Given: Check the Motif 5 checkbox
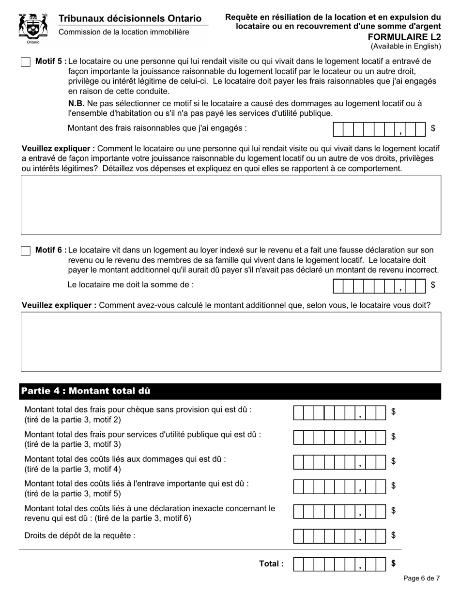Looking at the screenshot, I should click(26, 62).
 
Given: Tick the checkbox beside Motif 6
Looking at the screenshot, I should click(26, 251).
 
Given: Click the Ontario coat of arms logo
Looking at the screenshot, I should click(33, 28).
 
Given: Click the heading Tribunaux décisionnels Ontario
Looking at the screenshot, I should click(130, 18).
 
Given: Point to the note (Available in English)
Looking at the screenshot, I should click(406, 47).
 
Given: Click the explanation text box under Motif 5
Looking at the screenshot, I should click(230, 204).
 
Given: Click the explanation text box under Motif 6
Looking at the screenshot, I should click(230, 341).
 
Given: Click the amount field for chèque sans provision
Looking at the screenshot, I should click(339, 413).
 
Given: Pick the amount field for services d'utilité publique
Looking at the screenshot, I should click(339, 438).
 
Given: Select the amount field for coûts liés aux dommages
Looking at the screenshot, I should click(339, 462).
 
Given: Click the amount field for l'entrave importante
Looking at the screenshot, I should click(339, 486).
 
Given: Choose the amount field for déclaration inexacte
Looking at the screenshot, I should click(339, 511).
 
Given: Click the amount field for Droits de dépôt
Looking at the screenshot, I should click(339, 536).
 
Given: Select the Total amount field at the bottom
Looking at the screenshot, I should click(339, 564).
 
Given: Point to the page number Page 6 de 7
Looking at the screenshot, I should click(421, 578).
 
